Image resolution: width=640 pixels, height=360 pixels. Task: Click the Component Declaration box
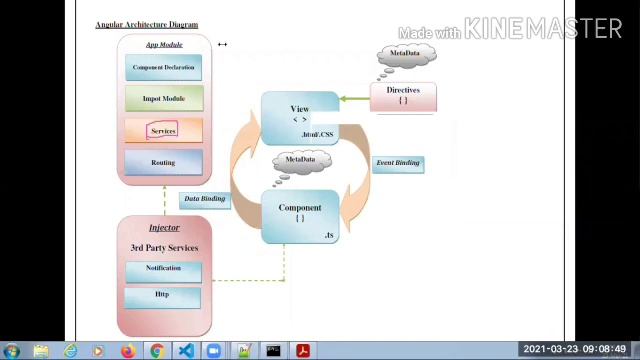(x=164, y=68)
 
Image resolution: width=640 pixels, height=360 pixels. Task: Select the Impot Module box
(x=164, y=99)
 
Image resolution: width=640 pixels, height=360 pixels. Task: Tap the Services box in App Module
(x=163, y=131)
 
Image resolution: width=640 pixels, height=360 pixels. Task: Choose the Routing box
(x=163, y=162)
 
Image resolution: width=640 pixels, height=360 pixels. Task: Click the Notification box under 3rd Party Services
(x=163, y=269)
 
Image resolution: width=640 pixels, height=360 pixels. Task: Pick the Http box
(x=163, y=296)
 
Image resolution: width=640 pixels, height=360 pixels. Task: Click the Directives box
(x=402, y=95)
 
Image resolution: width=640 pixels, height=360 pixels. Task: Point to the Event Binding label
(x=398, y=163)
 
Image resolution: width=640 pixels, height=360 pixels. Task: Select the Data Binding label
(x=204, y=199)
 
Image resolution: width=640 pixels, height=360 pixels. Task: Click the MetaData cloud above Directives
(x=405, y=56)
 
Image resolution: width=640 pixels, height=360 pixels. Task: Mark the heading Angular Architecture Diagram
(x=146, y=25)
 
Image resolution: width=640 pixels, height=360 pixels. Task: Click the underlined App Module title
(x=164, y=45)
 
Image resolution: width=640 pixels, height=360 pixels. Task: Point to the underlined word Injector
(x=164, y=228)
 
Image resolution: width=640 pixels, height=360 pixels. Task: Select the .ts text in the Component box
(x=329, y=235)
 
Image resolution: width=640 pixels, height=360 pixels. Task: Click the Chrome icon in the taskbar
(x=157, y=351)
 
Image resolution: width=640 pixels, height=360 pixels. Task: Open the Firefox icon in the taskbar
(x=128, y=351)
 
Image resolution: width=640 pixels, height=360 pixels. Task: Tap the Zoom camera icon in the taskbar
(x=214, y=351)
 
